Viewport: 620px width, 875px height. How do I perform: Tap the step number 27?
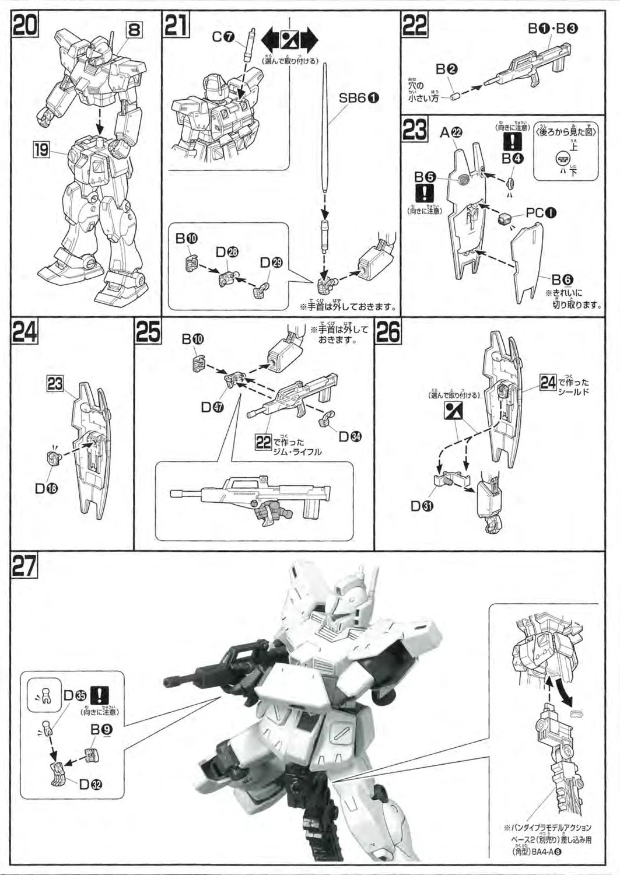click(24, 566)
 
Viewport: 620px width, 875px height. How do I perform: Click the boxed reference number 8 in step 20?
click(134, 29)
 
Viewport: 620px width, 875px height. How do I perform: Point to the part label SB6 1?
click(359, 98)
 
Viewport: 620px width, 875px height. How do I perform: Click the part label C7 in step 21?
click(223, 37)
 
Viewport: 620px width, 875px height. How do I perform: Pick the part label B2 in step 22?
click(447, 69)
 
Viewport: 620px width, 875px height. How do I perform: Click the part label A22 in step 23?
click(451, 132)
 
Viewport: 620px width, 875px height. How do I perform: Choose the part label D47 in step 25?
click(214, 407)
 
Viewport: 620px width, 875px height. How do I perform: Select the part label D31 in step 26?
click(422, 506)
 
